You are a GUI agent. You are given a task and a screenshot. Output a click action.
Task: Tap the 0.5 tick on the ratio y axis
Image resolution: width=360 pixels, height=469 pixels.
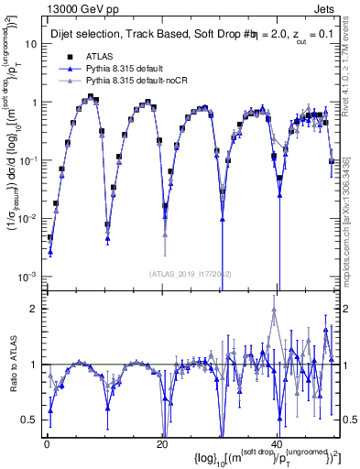point(29,420)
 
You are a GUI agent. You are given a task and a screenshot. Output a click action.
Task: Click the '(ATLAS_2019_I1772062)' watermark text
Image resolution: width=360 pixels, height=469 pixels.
point(191,272)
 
